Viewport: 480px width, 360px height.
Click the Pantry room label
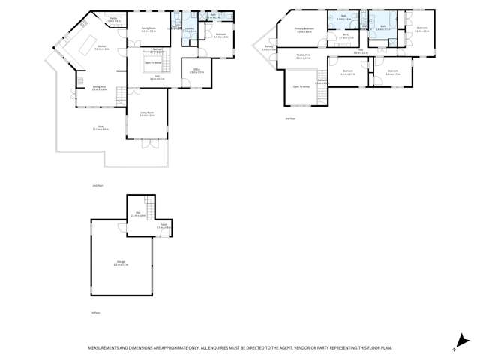click(112, 19)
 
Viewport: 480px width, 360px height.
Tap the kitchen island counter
click(79, 37)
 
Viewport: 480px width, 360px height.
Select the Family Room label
click(148, 29)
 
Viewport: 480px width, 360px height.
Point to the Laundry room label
click(189, 29)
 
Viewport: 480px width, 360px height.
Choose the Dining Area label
click(99, 88)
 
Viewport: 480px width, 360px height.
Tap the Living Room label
click(147, 113)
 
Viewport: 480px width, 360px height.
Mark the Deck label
click(100, 128)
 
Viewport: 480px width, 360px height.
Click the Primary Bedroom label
click(304, 30)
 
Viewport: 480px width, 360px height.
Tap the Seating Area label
click(304, 56)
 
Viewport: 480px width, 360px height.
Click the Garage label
click(121, 263)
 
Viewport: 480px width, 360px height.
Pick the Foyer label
click(161, 226)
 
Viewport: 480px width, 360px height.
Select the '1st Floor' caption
click(95, 313)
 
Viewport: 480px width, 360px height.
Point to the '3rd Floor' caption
click(290, 118)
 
